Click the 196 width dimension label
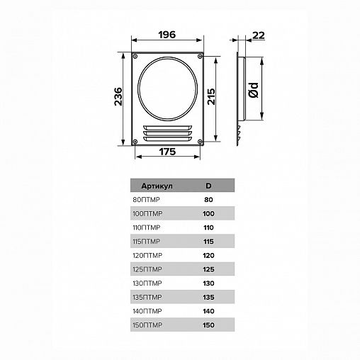[x=167, y=35]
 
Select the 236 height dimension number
[x=118, y=96]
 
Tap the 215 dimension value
[x=211, y=96]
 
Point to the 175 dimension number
[x=167, y=152]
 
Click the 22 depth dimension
[x=259, y=35]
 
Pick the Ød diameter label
[x=254, y=90]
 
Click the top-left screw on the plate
[x=135, y=57]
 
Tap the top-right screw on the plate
[x=200, y=56]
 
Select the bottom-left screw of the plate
[x=135, y=142]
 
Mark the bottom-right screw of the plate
[x=200, y=142]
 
